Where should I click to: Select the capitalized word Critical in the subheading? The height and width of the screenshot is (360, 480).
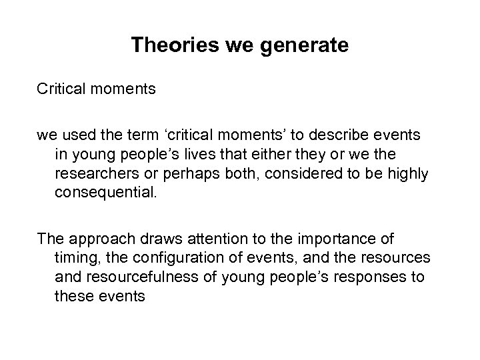(x=61, y=89)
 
